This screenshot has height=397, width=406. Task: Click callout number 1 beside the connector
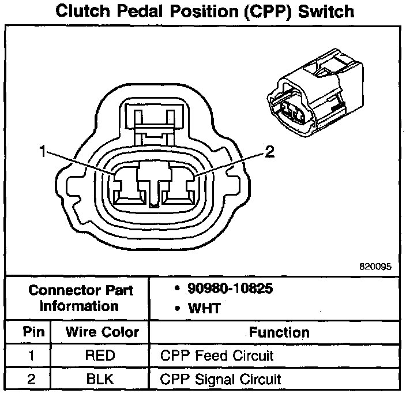42,152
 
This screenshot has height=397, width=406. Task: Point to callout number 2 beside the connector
269,152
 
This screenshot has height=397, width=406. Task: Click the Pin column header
30,332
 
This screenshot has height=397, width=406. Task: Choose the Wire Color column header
102,332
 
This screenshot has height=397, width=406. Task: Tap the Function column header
279,332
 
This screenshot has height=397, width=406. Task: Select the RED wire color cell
100,355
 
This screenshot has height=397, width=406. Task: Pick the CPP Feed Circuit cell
216,355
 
